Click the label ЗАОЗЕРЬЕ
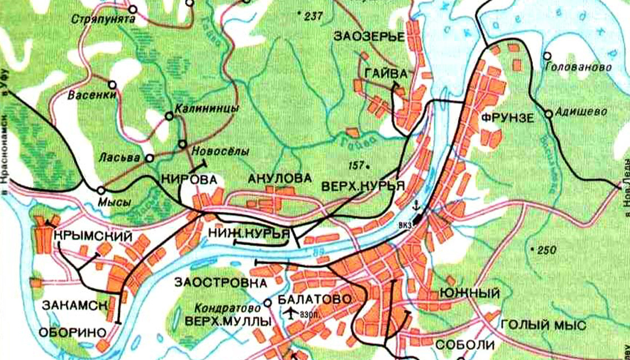point(370,38)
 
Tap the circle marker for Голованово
point(547,56)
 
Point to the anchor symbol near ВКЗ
point(417,205)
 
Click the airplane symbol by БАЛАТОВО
point(291,312)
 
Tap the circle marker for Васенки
point(112,85)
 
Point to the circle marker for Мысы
point(101,190)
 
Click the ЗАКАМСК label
point(74,305)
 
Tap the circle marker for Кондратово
point(268,303)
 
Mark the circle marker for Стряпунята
point(133,10)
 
